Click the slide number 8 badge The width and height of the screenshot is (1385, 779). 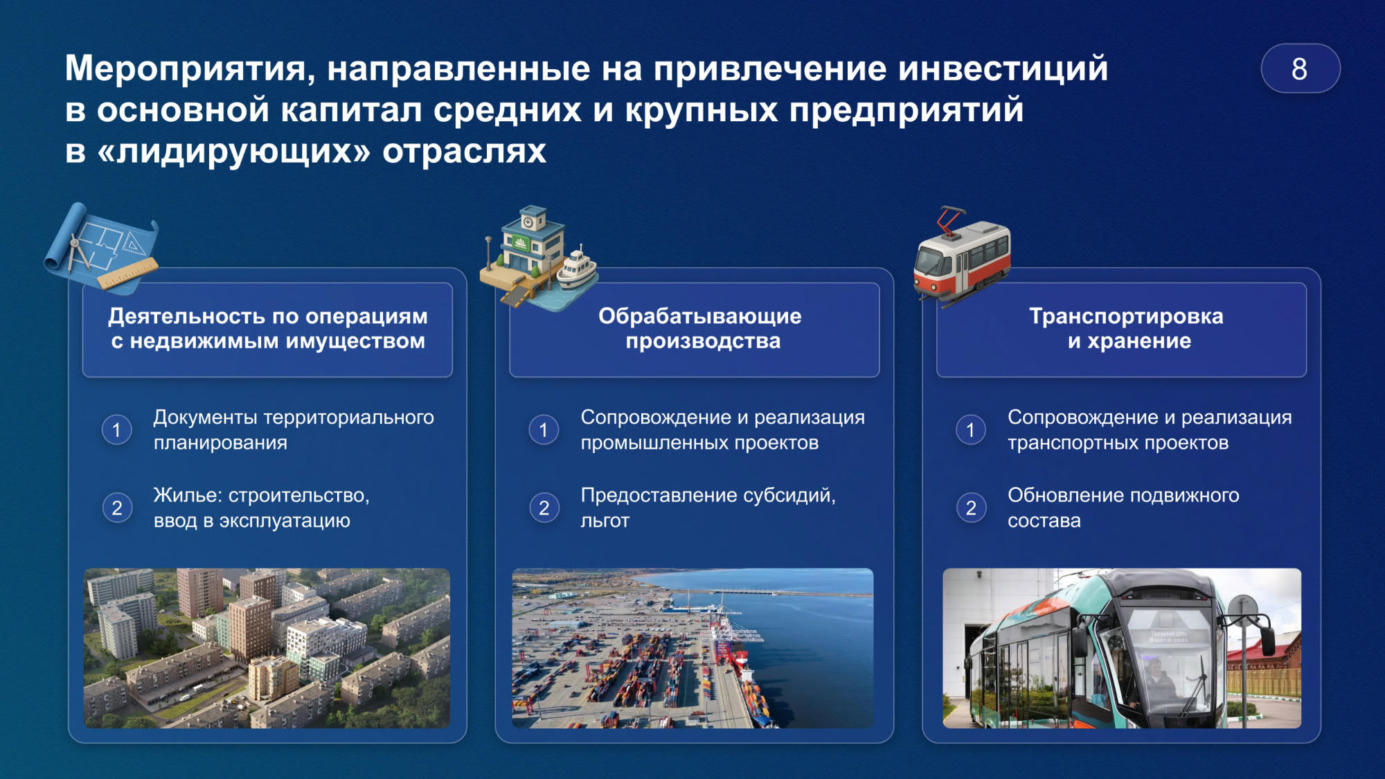1300,69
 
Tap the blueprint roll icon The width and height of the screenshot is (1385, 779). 101,247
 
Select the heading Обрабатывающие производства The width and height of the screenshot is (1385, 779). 700,328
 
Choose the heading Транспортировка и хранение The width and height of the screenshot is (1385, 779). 1127,328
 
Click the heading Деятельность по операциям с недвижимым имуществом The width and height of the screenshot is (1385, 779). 268,328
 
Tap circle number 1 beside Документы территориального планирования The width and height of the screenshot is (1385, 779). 117,430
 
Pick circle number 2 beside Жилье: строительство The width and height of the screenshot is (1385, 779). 117,508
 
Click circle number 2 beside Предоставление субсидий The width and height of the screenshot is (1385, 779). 544,508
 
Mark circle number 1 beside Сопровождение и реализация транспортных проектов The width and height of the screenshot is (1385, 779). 971,430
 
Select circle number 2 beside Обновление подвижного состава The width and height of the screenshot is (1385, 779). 971,508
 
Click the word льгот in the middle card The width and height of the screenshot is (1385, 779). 605,521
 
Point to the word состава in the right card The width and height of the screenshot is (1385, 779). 1044,521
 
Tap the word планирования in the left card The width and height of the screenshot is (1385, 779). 220,443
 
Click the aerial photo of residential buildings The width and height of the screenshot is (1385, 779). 267,648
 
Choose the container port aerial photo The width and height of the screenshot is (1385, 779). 692,648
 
